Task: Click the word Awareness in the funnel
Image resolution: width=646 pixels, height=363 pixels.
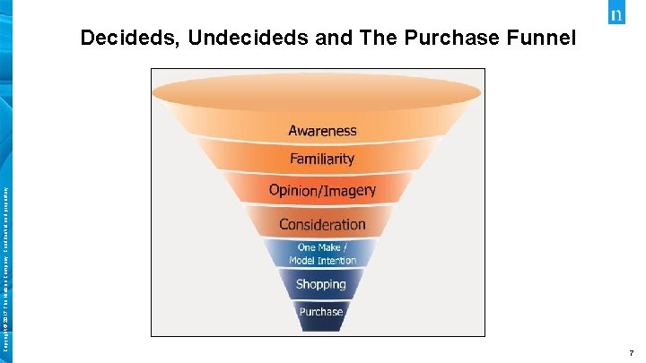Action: click(x=322, y=131)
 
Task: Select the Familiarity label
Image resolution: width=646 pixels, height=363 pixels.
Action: click(x=322, y=160)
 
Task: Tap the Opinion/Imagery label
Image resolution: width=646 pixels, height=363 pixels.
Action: click(x=322, y=191)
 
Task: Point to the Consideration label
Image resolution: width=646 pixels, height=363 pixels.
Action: click(x=322, y=224)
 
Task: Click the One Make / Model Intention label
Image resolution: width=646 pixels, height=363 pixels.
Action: click(x=322, y=254)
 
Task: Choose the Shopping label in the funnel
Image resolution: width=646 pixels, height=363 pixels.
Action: click(x=321, y=284)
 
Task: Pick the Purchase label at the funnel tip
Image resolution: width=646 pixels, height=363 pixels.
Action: click(x=321, y=312)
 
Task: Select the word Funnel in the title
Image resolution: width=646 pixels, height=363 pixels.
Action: click(x=537, y=39)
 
